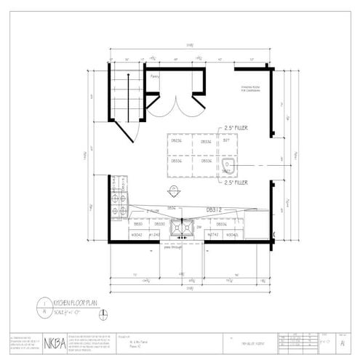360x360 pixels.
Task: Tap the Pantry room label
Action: tap(155, 74)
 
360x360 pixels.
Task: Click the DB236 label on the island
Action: tap(175, 141)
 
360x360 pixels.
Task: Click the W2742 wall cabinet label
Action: tap(213, 235)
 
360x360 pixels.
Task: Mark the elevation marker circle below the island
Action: tap(174, 191)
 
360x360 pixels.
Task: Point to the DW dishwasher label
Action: tap(199, 226)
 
